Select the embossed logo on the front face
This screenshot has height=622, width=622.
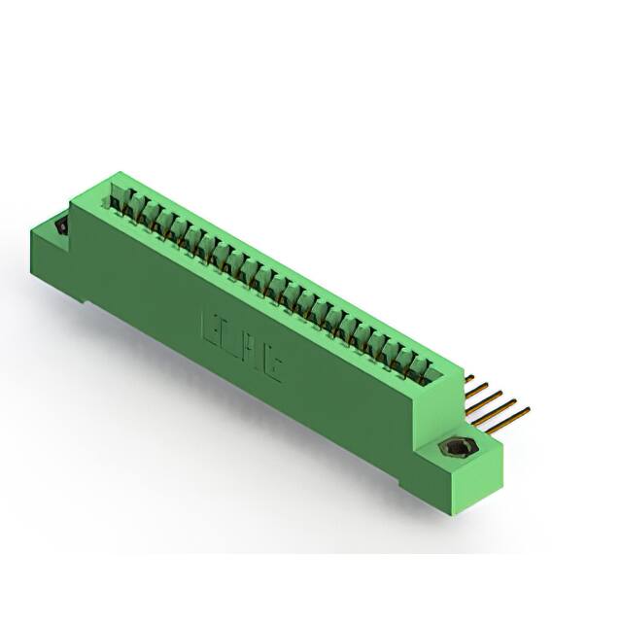[242, 345]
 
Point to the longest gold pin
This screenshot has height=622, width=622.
[506, 419]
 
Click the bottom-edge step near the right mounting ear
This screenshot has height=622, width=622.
[408, 481]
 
